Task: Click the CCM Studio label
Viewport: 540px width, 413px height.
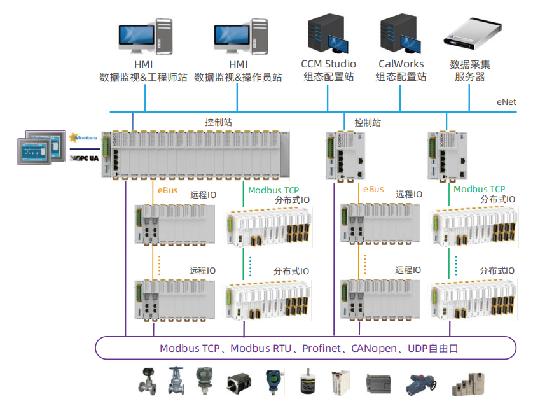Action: click(328, 64)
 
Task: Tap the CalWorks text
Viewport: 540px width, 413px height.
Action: click(401, 64)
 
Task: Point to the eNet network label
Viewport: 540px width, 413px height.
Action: click(507, 102)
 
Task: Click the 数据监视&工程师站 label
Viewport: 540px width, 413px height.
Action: click(143, 77)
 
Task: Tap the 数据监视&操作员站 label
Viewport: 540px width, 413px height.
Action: click(238, 77)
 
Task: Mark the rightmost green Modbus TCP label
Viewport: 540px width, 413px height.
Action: click(479, 189)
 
